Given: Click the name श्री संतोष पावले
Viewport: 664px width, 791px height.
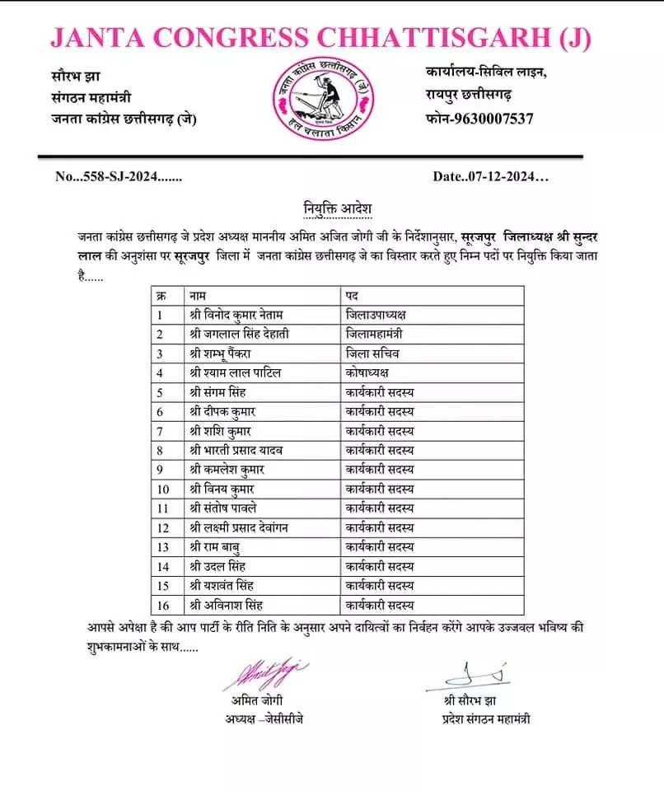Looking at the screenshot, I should point(223,508).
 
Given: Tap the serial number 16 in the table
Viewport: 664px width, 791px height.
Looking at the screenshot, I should point(162,606).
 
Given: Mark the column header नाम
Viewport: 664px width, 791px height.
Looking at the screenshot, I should point(198,295).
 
